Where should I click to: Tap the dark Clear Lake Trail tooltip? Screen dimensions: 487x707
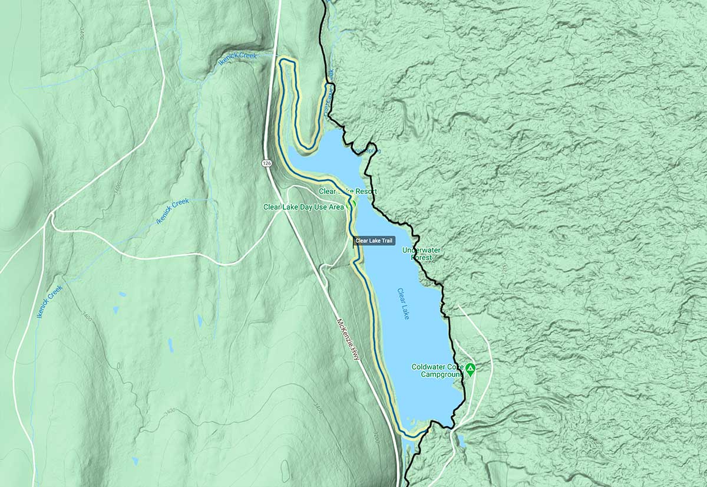[374, 241]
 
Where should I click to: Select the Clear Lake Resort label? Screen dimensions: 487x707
[348, 192]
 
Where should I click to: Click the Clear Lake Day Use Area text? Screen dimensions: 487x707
[303, 207]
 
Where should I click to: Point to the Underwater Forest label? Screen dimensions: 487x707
[421, 254]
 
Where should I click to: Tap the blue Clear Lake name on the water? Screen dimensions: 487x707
[404, 304]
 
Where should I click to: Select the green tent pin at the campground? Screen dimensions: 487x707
[470, 370]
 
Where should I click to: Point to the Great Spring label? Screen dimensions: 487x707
[368, 151]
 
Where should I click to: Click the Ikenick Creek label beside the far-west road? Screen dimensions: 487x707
[49, 301]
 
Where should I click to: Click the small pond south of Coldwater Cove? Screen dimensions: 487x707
[461, 441]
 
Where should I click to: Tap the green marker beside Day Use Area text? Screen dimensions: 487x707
[353, 202]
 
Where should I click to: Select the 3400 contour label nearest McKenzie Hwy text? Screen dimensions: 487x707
[319, 408]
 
